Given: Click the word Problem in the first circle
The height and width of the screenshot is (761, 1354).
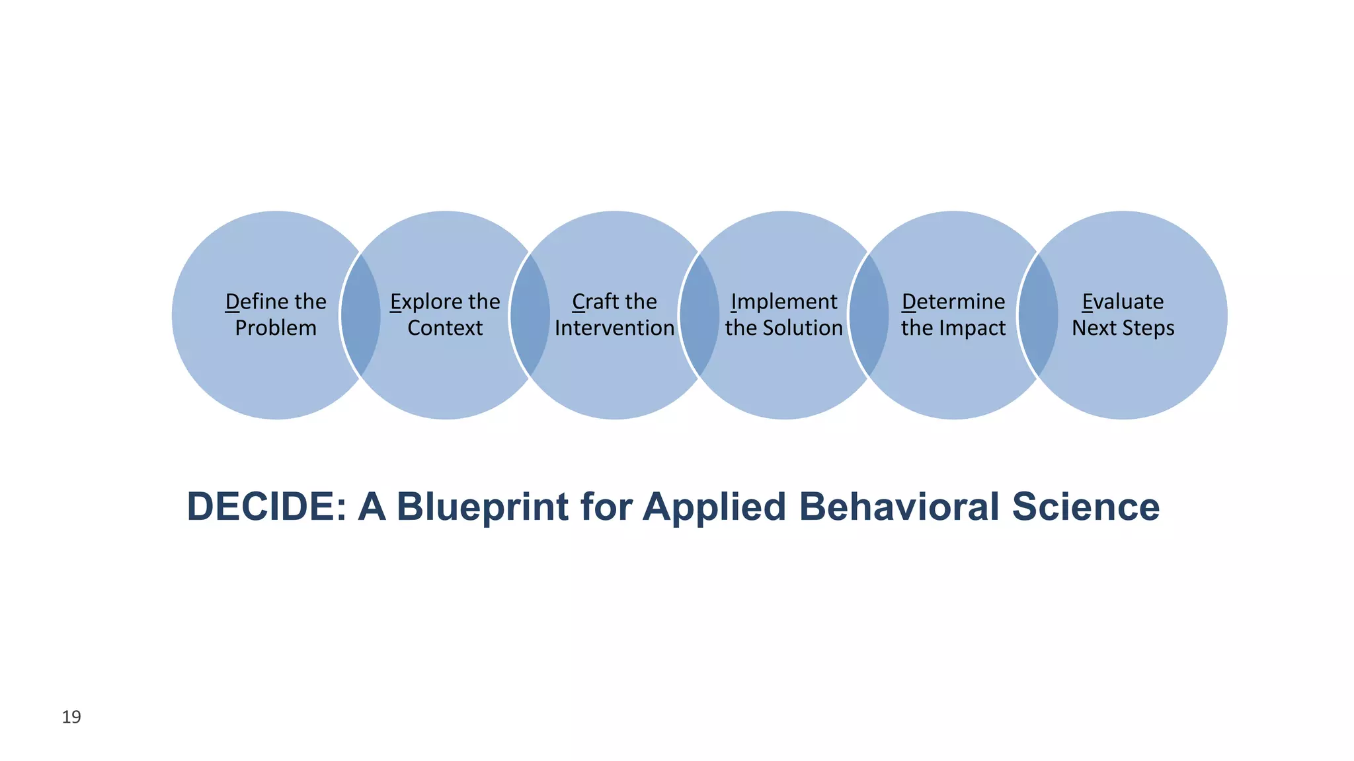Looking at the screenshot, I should (x=276, y=328).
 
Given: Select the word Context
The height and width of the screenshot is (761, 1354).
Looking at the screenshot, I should (x=445, y=328).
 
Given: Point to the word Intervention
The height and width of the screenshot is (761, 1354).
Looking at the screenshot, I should (x=614, y=328).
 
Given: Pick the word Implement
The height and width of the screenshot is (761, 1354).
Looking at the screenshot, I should (x=784, y=303).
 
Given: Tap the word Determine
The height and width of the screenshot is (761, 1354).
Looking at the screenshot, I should (x=953, y=302).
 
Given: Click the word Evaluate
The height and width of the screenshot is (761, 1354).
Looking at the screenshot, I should (x=1123, y=302).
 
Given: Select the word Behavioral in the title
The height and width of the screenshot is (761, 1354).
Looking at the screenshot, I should (x=898, y=507).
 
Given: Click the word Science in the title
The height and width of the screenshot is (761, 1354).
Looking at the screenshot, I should (x=1086, y=507).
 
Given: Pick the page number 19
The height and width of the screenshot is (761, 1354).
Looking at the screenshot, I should (x=71, y=717).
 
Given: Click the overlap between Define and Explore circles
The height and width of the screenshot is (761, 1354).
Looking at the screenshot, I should (x=361, y=315).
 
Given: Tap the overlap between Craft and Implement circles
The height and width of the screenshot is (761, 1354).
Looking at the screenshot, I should (x=699, y=315).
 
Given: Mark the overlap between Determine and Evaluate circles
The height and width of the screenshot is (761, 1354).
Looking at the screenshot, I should (x=1038, y=315).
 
